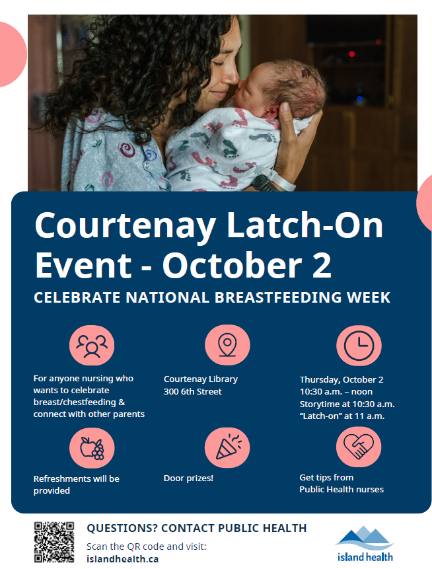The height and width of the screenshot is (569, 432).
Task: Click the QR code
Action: click(54, 542)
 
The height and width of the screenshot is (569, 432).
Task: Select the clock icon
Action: click(359, 346)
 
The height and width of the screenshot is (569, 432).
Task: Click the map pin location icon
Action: click(227, 346)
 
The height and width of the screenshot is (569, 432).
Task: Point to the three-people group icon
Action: click(92, 346)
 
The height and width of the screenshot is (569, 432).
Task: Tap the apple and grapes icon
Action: click(92, 448)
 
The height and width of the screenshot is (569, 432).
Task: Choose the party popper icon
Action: click(227, 448)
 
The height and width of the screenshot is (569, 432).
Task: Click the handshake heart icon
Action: click(359, 448)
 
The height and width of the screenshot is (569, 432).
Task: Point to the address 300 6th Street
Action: click(193, 392)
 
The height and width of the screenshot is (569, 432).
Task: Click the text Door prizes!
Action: click(188, 478)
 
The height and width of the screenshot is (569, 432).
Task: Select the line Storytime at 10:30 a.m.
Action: click(347, 404)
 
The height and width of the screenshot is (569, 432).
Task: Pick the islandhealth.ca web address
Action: click(122, 558)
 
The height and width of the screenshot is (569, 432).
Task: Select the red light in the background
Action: click(351, 54)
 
